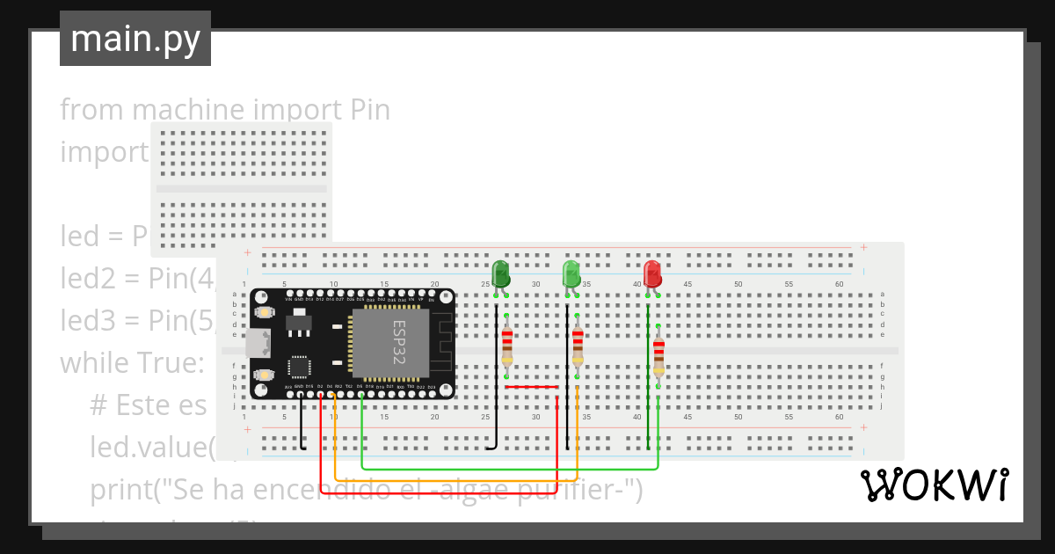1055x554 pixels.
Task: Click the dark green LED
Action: (500, 273)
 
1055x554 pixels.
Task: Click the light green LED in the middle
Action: (571, 273)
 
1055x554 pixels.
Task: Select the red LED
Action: (651, 273)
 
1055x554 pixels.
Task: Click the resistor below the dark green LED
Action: (507, 346)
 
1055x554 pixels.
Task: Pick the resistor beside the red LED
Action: (658, 355)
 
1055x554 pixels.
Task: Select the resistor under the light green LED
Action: (577, 346)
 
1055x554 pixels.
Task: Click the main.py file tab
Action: (135, 39)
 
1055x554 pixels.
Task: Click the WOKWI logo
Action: (934, 485)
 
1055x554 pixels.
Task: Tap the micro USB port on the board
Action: (257, 343)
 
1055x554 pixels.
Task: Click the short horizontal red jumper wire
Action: (532, 386)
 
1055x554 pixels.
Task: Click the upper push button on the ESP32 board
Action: (263, 312)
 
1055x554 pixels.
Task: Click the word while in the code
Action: (94, 362)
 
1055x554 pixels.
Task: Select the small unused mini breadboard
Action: (242, 188)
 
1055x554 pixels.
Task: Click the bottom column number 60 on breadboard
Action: (839, 417)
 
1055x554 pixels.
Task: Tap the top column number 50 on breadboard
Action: (738, 284)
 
